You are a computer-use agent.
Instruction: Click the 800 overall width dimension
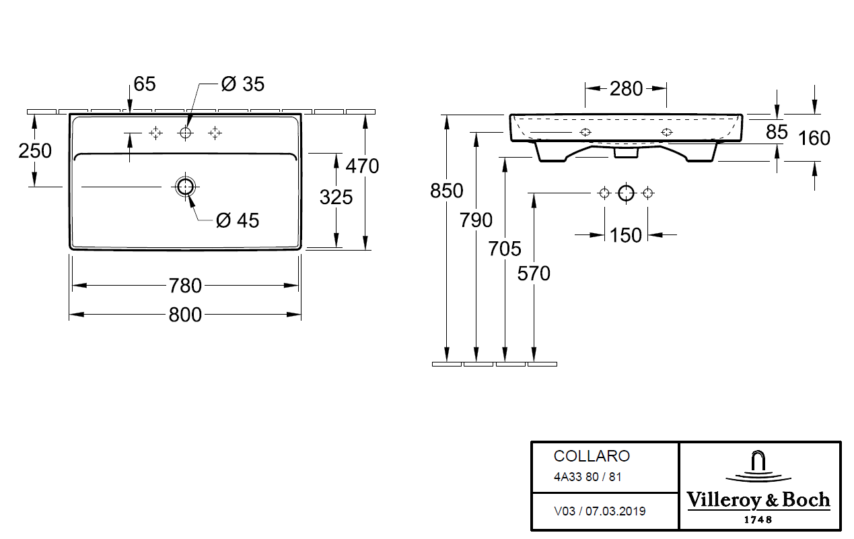pos(185,315)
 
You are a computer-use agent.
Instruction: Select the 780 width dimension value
pos(185,286)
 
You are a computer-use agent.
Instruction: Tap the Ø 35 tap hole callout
pos(242,84)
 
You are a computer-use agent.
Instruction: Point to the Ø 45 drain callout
pos(238,220)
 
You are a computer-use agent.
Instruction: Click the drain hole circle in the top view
pos(186,187)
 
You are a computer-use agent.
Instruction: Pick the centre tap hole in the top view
pos(186,133)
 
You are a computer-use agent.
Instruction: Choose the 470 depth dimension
pos(362,166)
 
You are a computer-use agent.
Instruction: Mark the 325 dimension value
pos(336,197)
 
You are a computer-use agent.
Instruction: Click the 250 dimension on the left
pos(35,151)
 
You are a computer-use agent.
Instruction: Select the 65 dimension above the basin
pos(145,84)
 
